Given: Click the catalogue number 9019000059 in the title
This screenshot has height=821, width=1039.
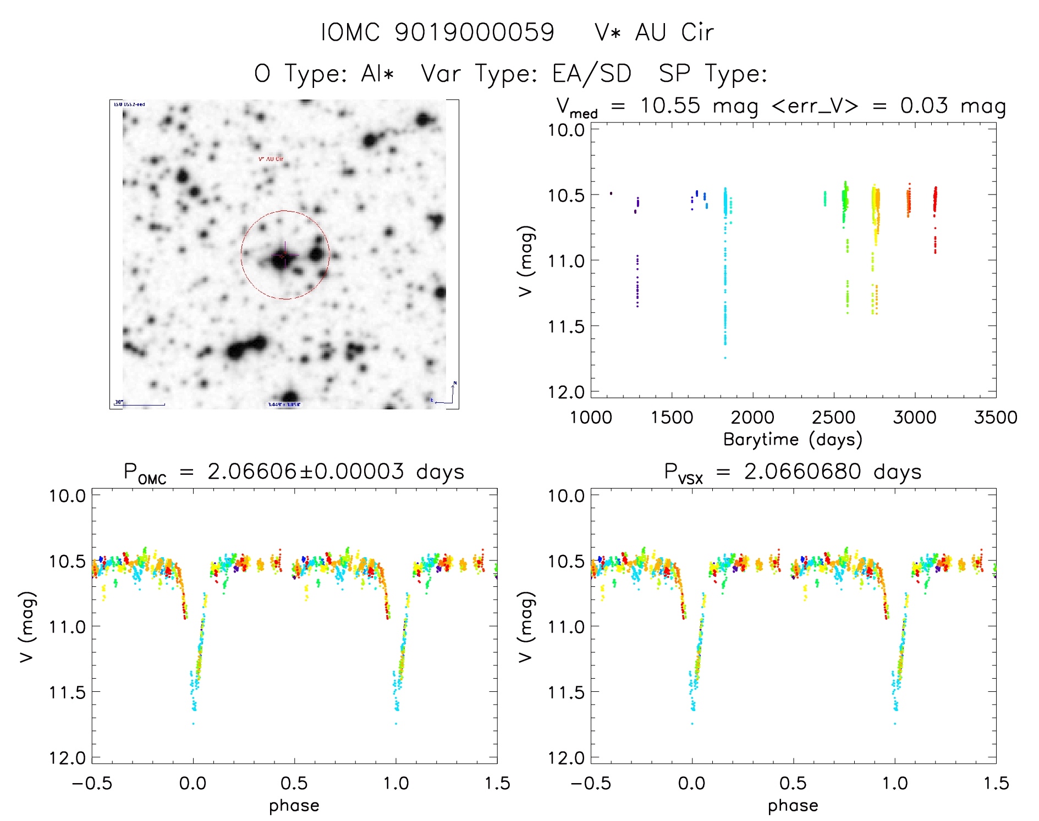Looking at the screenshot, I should click(475, 32).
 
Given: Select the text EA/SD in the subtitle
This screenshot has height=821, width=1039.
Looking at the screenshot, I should click(592, 74).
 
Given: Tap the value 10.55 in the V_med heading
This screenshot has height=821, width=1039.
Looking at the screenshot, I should click(670, 106).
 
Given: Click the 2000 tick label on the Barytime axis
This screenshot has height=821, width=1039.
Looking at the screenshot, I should click(752, 417).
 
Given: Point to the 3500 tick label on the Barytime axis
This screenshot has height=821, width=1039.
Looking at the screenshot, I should click(995, 417).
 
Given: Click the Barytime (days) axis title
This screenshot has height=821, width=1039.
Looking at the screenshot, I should click(793, 439).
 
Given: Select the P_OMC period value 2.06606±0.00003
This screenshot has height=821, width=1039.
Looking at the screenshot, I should click(305, 471).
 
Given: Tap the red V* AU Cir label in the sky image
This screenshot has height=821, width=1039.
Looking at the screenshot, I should click(271, 159).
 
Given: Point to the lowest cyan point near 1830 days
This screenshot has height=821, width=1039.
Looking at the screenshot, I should click(725, 358).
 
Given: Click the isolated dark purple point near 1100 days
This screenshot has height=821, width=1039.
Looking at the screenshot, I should click(611, 193).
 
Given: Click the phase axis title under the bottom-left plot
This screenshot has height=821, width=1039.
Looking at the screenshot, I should click(294, 805).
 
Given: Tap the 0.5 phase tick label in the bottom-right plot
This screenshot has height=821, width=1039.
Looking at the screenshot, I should click(793, 783).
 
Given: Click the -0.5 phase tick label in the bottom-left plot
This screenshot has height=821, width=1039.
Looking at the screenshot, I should click(92, 783).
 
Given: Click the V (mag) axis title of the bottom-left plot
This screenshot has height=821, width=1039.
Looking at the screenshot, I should click(27, 626).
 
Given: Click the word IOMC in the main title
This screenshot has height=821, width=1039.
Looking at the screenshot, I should click(350, 32).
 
